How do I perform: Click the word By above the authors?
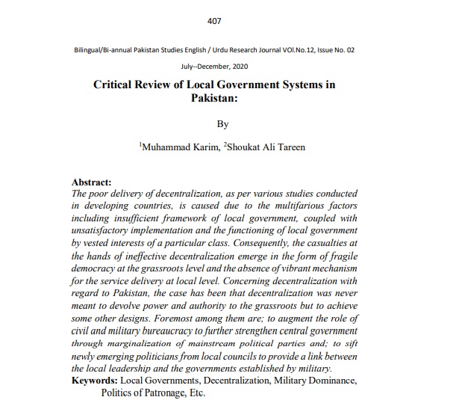tap(222, 124)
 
